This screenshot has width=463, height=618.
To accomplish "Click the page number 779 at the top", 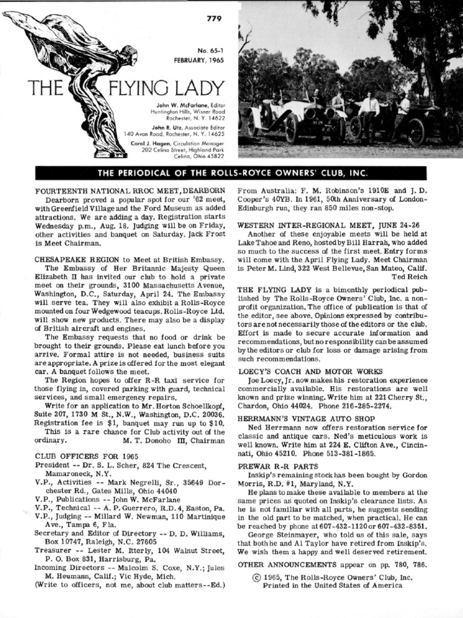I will coord(214,18).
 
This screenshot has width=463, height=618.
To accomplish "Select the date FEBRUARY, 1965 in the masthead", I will coord(199,60).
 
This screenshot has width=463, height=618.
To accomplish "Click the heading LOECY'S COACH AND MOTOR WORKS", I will coord(310,371).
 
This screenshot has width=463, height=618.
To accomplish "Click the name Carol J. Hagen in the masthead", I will coord(151,144).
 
